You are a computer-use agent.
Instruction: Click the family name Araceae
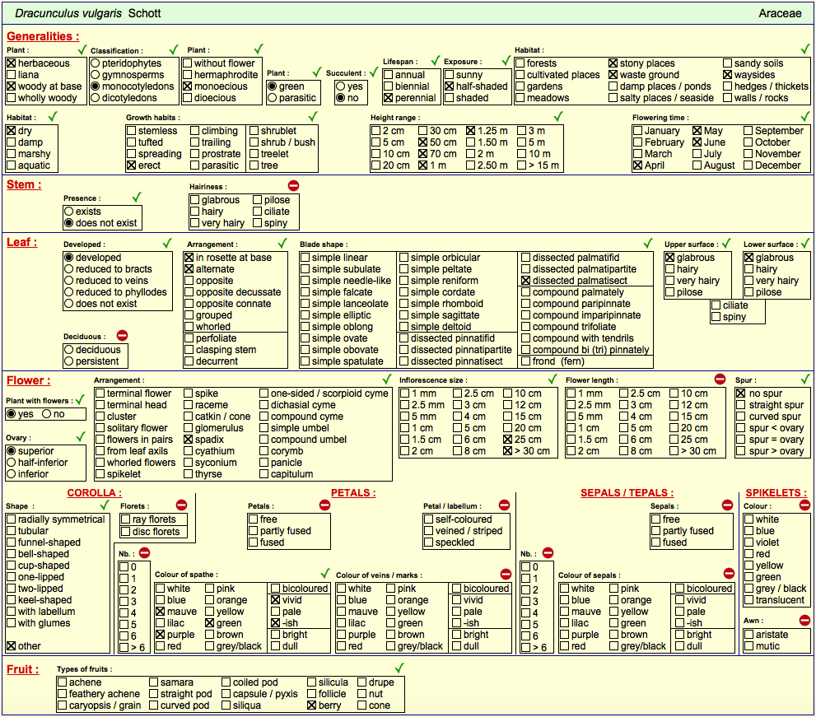click(x=780, y=13)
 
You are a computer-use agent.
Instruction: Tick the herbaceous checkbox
click(x=12, y=63)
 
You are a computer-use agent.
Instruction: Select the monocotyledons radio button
click(x=96, y=86)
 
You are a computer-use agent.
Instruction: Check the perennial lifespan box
click(x=388, y=98)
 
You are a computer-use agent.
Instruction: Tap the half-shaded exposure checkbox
click(x=449, y=86)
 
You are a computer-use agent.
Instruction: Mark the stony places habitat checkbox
click(x=613, y=63)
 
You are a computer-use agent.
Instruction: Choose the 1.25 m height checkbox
click(x=470, y=131)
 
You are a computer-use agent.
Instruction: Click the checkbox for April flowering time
click(x=637, y=165)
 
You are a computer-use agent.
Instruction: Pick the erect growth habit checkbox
click(x=131, y=165)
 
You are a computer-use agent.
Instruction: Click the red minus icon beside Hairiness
click(x=293, y=186)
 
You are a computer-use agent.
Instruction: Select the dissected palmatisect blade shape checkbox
click(x=525, y=281)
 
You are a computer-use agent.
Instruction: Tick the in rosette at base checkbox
click(x=189, y=258)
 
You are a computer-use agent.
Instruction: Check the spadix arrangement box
click(x=189, y=440)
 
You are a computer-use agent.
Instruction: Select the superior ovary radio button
click(x=12, y=451)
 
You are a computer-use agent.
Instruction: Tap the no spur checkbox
click(x=741, y=393)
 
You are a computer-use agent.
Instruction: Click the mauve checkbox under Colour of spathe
click(x=161, y=612)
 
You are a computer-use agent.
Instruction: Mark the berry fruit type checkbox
click(x=312, y=705)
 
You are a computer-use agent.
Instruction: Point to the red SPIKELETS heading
click(x=776, y=493)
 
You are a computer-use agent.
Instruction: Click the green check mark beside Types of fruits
click(x=399, y=668)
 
